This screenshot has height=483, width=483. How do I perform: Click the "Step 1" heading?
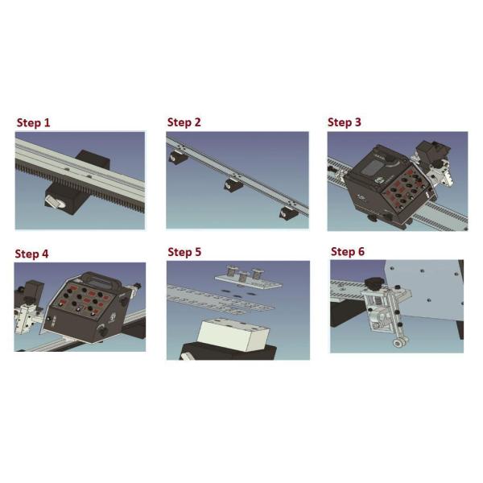tap(33, 122)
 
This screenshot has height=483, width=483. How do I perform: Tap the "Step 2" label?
tap(184, 122)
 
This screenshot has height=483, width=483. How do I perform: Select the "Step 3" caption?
tap(344, 122)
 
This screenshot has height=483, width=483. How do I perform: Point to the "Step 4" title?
tap(31, 254)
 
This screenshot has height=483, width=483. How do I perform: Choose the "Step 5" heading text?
tap(184, 252)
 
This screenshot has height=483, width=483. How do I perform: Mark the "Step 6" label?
tap(348, 251)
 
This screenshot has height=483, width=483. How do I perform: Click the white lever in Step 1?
tap(54, 202)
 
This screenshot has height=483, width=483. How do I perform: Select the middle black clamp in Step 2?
tap(233, 185)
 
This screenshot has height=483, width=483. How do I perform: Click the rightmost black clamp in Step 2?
tap(290, 212)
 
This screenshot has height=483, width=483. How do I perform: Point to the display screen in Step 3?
tap(373, 167)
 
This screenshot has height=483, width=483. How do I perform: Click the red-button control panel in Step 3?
tap(406, 187)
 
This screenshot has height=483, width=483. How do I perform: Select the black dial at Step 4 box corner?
tap(101, 331)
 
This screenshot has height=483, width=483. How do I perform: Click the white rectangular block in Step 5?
tap(233, 335)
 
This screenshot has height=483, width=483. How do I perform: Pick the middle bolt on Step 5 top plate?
tap(243, 277)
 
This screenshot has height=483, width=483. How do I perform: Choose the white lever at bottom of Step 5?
tap(187, 357)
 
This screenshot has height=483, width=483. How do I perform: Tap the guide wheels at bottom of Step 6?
tap(400, 342)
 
